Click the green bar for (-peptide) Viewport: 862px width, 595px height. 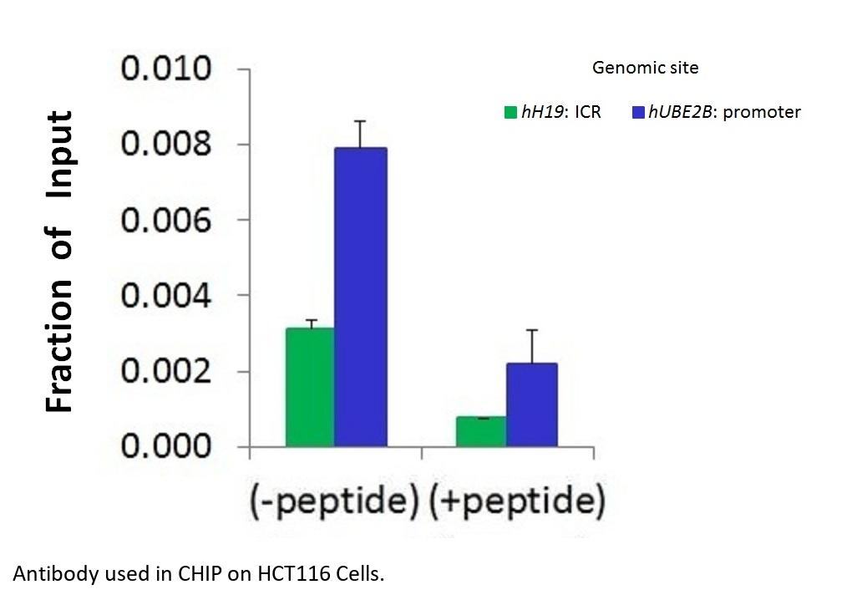(310, 387)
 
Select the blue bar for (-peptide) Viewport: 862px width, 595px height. (361, 297)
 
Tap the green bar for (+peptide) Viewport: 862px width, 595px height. (481, 431)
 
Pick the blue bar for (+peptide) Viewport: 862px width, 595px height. (531, 404)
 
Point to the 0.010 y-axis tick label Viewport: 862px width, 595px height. (167, 69)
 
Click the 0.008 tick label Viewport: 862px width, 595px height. (167, 145)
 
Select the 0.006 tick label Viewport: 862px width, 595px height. (167, 221)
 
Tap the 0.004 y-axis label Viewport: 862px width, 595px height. (167, 296)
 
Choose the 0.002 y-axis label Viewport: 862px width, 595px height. (167, 371)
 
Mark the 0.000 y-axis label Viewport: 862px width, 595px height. (167, 446)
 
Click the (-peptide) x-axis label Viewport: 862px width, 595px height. (333, 501)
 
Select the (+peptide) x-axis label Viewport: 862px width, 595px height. (515, 501)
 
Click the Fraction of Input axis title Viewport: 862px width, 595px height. (59, 261)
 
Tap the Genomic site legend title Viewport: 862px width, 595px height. (645, 68)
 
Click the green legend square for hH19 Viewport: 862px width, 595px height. (510, 112)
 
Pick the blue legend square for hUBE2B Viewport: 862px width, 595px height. (639, 112)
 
